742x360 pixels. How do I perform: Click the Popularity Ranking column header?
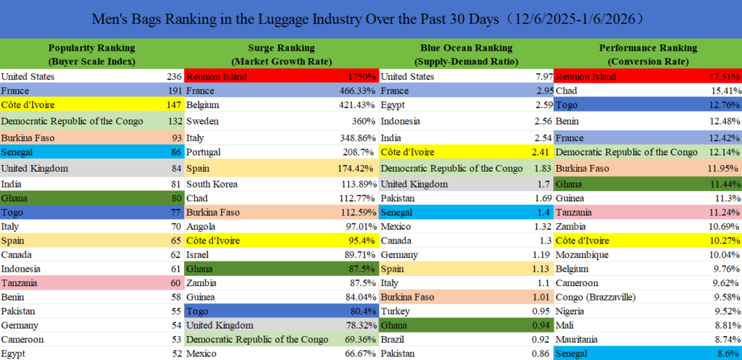coord(91,54)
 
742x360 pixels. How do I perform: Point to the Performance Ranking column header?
coord(648,54)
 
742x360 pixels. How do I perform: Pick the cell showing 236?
coord(174,77)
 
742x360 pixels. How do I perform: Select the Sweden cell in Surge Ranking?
coord(202,121)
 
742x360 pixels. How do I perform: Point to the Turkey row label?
coord(396,311)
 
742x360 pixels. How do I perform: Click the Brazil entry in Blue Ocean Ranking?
coord(394,338)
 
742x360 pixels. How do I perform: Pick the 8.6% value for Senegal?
coord(727,353)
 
